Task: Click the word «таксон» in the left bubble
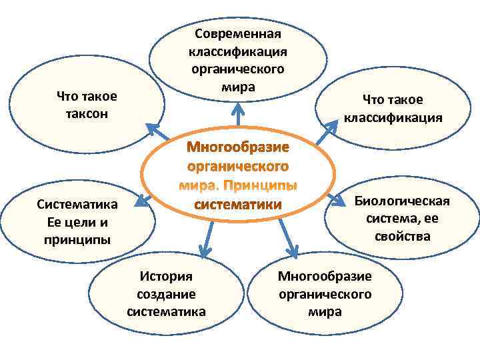(87, 113)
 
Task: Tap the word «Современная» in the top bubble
(238, 34)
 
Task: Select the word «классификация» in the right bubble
(393, 118)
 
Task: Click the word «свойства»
(398, 236)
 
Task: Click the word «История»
(165, 276)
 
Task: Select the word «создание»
(165, 294)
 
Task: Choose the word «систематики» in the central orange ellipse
(237, 203)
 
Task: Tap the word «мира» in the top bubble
(238, 86)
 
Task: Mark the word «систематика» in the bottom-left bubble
(165, 311)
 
